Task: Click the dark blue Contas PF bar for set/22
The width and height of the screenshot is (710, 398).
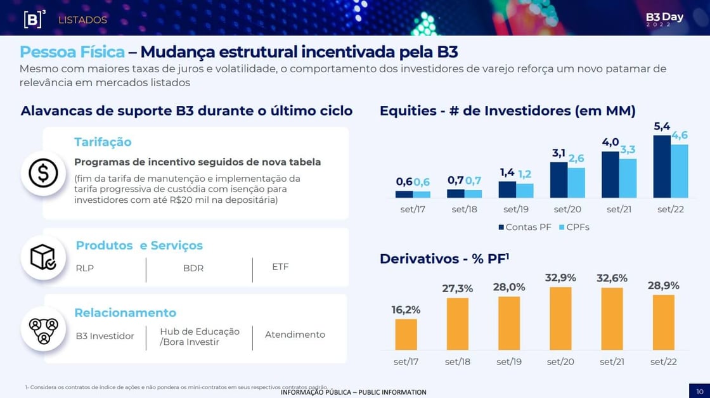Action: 662,167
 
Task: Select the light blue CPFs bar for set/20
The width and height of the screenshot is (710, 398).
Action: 576,183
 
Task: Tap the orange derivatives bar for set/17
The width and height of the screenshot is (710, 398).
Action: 406,334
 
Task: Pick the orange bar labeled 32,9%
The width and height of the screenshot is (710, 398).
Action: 560,318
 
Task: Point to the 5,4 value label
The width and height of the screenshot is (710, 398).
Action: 662,126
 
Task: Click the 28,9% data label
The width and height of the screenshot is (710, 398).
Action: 663,286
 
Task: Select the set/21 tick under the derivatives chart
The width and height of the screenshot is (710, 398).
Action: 612,362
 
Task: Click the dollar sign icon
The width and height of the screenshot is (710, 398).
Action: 43,173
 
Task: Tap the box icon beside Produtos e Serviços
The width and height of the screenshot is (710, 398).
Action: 43,257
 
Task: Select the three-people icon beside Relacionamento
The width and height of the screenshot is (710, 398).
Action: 43,328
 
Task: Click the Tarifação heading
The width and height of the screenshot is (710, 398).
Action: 103,142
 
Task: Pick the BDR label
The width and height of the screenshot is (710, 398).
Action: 193,268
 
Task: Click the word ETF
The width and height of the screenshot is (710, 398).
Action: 280,267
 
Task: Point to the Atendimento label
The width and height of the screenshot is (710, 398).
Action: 295,335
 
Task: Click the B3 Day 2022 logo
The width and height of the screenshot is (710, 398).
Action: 664,19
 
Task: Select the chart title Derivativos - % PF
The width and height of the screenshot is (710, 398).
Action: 444,259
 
